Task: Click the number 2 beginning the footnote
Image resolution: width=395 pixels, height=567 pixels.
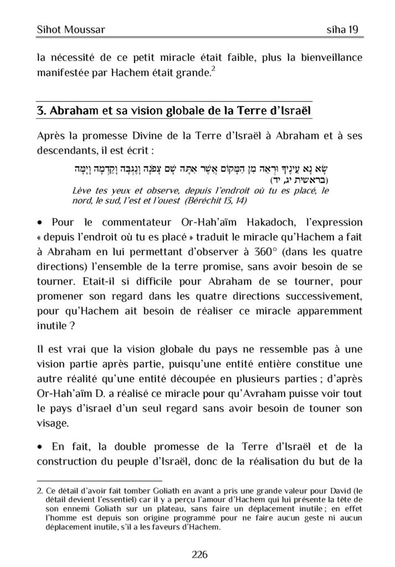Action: tap(39, 489)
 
